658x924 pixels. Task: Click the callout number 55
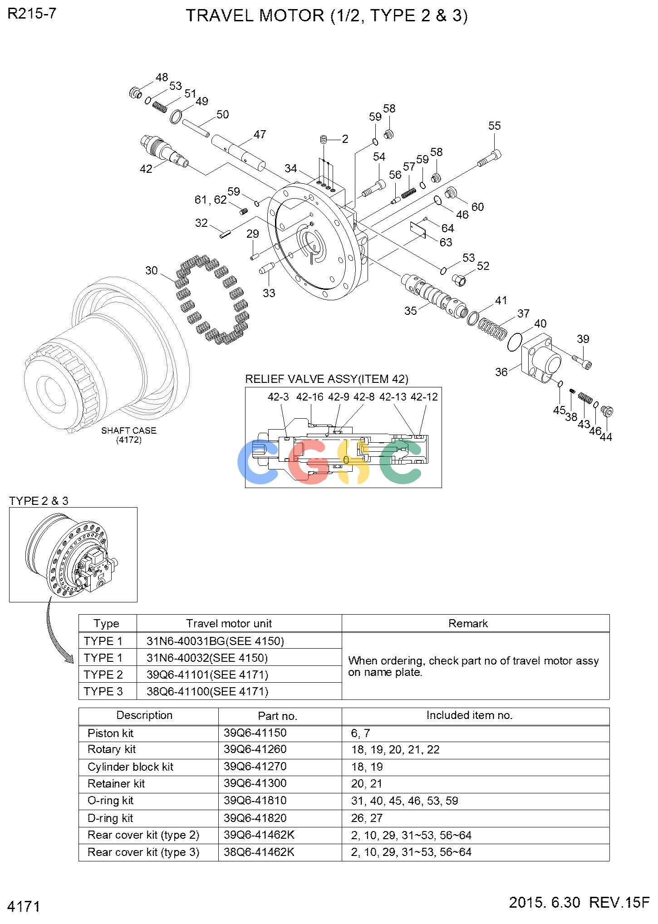coord(494,126)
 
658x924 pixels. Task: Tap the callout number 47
coord(260,134)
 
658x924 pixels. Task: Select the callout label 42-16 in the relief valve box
coord(310,397)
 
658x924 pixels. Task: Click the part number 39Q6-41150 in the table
coord(255,733)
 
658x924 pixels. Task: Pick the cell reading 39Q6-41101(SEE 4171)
coord(207,675)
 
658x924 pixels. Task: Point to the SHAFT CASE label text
coord(129,430)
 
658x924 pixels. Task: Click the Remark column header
coord(468,623)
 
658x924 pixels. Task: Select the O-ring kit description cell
coord(111,801)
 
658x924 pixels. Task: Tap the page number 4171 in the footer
coord(25,907)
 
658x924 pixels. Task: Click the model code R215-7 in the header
coord(32,14)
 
